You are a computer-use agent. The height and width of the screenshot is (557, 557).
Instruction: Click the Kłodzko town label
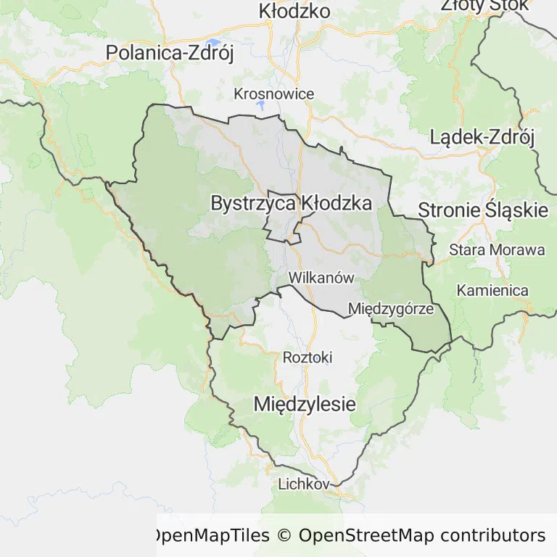click(x=294, y=11)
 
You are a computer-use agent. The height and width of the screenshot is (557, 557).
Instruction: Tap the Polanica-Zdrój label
click(x=170, y=53)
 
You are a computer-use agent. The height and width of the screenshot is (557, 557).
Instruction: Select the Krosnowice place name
click(x=274, y=94)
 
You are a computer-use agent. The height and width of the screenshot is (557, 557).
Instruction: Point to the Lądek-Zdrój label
click(x=482, y=136)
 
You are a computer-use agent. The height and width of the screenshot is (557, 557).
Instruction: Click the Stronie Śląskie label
click(x=483, y=210)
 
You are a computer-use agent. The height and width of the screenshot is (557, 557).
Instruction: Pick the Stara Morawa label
click(x=497, y=250)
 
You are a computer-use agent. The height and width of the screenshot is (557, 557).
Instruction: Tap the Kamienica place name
click(x=492, y=291)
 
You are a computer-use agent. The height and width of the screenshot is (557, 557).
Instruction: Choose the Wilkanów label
click(x=321, y=278)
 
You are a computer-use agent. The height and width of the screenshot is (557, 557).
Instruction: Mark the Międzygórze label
click(x=391, y=309)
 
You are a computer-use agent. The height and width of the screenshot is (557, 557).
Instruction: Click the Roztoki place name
click(x=308, y=358)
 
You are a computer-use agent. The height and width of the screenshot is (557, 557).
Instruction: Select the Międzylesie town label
click(x=305, y=404)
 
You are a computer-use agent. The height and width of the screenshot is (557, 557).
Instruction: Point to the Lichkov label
click(x=304, y=484)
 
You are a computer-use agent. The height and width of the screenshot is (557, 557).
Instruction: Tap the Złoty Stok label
click(x=475, y=6)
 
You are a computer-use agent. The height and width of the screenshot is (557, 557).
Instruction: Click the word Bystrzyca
click(x=253, y=203)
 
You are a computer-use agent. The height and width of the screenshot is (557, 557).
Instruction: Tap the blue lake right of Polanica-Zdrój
click(x=213, y=41)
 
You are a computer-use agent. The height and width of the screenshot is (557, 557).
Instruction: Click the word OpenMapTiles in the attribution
click(x=210, y=536)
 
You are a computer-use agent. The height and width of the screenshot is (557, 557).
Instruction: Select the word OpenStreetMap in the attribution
click(x=366, y=536)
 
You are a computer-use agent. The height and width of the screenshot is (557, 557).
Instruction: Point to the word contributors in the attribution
click(x=492, y=536)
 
